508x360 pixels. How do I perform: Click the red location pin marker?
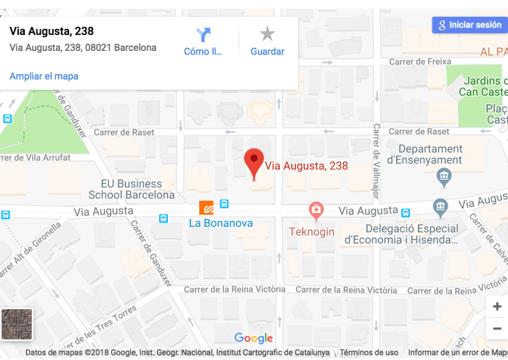click(253, 162)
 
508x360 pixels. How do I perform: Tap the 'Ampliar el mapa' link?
click(44, 76)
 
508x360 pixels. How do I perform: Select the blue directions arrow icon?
click(203, 34)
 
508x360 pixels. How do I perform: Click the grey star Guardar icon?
click(267, 33)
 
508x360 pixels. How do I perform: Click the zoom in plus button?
click(497, 307)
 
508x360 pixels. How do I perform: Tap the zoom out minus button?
click(497, 329)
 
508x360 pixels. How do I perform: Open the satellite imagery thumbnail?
click(17, 324)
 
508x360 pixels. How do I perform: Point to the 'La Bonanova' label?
click(221, 223)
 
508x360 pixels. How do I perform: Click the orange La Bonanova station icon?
click(206, 207)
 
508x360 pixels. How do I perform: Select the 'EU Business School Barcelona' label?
click(132, 189)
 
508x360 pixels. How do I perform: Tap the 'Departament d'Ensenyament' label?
click(424, 154)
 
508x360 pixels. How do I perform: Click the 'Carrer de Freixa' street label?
click(420, 62)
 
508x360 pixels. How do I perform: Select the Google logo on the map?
click(254, 338)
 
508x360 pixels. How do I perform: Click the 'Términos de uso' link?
click(369, 353)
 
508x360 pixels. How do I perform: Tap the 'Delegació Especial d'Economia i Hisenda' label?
click(402, 233)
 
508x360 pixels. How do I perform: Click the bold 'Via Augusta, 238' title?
click(52, 31)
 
